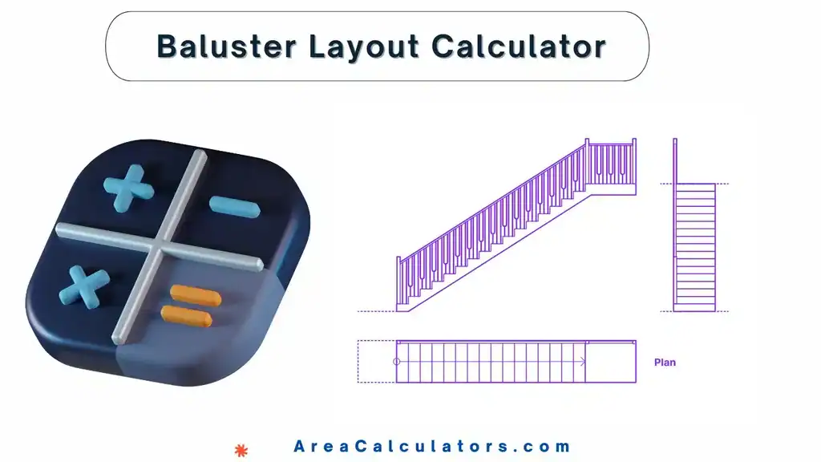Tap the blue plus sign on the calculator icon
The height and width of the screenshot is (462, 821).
coord(128,190)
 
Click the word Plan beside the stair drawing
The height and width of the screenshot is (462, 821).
coord(665,363)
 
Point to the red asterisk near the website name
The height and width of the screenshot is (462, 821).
coord(240,450)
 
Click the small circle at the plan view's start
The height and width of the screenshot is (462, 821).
coord(397,362)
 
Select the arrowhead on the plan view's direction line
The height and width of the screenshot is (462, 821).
coord(583,362)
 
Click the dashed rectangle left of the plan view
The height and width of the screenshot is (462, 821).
coord(377,362)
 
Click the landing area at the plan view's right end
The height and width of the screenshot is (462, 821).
coord(612,362)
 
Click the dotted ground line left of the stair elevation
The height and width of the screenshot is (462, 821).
coord(376,311)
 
